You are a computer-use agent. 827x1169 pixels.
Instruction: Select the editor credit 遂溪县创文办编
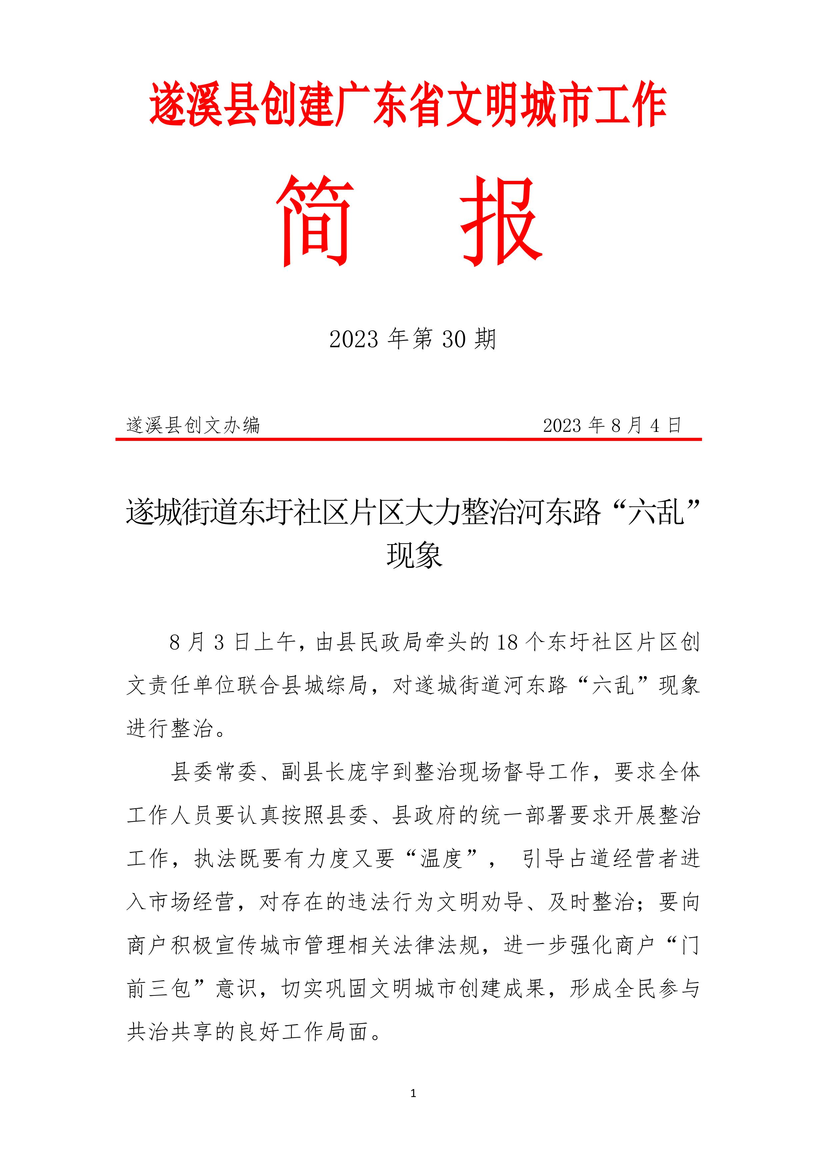tap(194, 425)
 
